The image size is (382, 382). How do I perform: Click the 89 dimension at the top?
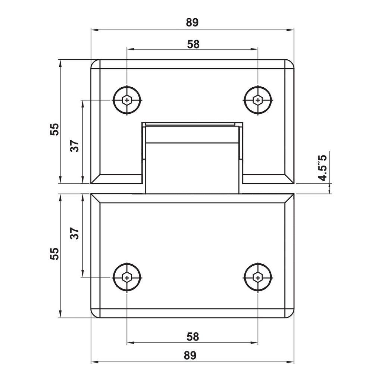[192, 22]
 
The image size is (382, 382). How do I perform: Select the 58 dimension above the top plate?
[193, 44]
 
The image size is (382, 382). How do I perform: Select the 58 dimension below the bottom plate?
[193, 336]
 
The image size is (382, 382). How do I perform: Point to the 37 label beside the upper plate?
[75, 145]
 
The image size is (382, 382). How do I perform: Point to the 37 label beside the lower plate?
[75, 234]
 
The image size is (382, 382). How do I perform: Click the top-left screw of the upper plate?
[128, 100]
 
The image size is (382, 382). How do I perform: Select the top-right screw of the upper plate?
[258, 100]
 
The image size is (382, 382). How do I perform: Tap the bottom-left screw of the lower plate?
[128, 277]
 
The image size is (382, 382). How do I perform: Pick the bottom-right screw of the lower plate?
[258, 277]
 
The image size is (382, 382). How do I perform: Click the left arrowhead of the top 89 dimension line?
[94, 30]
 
